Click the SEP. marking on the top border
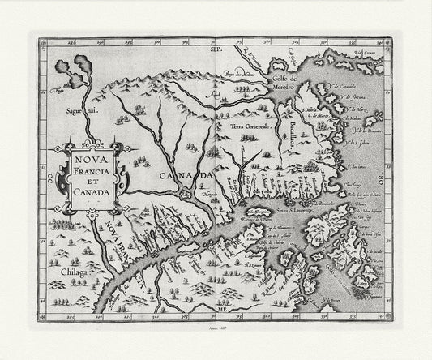click(x=216, y=50)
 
